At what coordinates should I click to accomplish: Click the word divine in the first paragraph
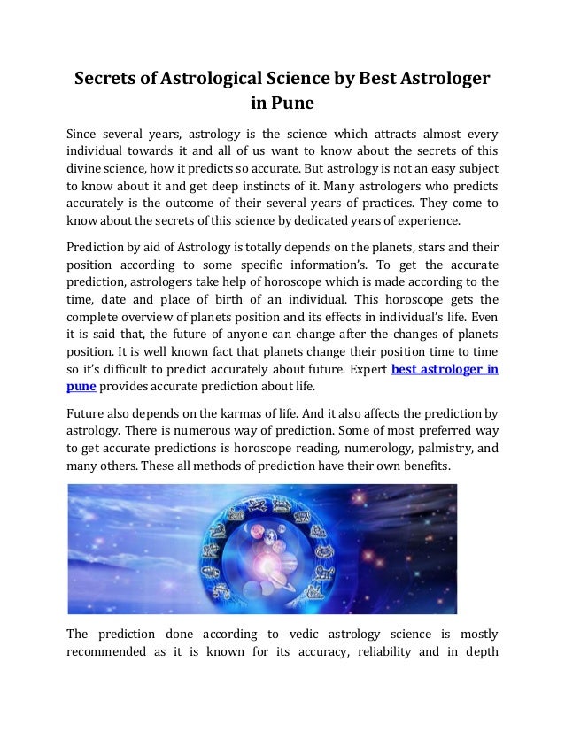(x=86, y=168)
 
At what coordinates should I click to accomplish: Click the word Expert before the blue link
(x=360, y=370)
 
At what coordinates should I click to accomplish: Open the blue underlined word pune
(x=81, y=388)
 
